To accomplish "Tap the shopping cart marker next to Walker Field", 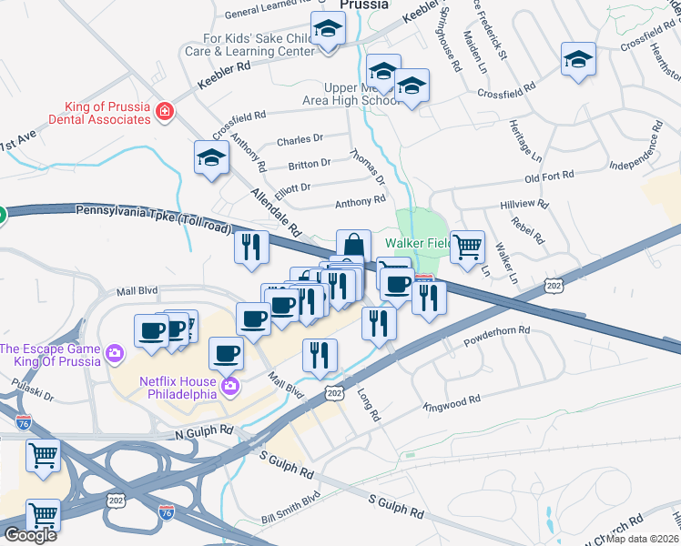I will (x=467, y=247).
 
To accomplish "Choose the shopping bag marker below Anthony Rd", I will (x=353, y=246).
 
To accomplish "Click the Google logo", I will (x=30, y=535).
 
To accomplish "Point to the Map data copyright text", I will (x=643, y=539).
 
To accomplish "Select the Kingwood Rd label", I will (x=452, y=401).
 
